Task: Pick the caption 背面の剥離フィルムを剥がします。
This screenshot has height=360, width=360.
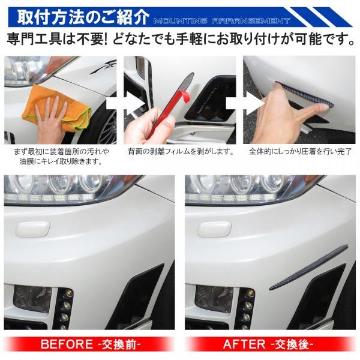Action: pyautogui.click(x=181, y=151)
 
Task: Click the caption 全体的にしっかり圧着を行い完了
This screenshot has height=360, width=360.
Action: pyautogui.click(x=300, y=151)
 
